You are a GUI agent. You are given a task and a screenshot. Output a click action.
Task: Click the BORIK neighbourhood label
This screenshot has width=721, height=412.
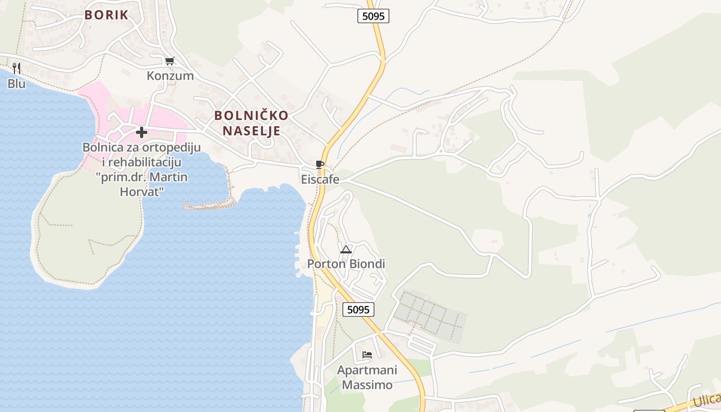pos(106,15)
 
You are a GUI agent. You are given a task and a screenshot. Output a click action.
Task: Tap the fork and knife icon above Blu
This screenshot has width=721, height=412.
pos(16,68)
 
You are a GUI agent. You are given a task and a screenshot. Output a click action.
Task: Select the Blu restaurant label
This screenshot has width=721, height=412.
pos(16,83)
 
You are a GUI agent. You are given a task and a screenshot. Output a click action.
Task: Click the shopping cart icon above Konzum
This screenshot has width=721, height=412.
pos(169,61)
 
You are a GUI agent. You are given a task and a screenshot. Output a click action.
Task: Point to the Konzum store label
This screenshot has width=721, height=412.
pos(170,76)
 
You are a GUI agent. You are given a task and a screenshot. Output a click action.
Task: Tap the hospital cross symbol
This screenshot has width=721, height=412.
pos(142,132)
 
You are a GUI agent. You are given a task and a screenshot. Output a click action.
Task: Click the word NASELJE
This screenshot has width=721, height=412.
pos(251,131)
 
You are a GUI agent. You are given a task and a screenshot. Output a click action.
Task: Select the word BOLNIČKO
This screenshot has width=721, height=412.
pos(251,115)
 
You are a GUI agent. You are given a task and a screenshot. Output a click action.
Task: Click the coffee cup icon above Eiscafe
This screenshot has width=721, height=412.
pos(320,165)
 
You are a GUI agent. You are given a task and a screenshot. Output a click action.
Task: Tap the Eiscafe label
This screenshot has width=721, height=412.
pos(320,180)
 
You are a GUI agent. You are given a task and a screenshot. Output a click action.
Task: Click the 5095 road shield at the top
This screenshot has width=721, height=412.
pos(373,16)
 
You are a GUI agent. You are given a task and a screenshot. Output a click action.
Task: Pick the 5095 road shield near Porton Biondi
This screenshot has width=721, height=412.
pos(358,310)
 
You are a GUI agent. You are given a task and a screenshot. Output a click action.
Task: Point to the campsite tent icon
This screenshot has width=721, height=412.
pos(346,250)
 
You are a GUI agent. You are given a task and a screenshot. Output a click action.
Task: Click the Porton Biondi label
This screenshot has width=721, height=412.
pos(346,264)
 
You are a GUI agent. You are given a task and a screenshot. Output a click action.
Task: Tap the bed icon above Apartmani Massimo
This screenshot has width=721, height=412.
pos(367,355)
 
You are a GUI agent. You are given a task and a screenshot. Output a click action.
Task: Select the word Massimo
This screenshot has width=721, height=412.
pos(367,385)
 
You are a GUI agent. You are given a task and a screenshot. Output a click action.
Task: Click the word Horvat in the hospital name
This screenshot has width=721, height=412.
pos(142,192)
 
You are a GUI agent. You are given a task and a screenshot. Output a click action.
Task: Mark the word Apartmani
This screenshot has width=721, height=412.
pos(367,370)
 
